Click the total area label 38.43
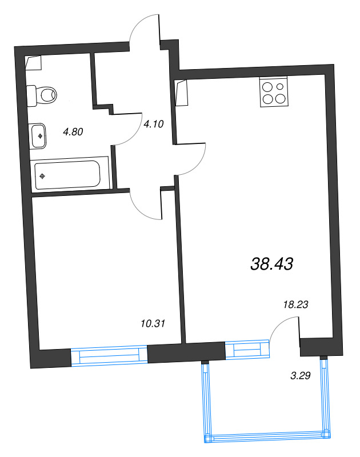point(271,263)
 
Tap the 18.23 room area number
point(295,305)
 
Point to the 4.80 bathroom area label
point(73,131)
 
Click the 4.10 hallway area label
point(154,123)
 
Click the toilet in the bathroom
point(43,94)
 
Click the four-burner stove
point(273,93)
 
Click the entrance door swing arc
point(146,29)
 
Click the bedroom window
point(109,355)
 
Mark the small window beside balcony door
point(246,349)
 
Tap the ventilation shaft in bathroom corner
point(34,63)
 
